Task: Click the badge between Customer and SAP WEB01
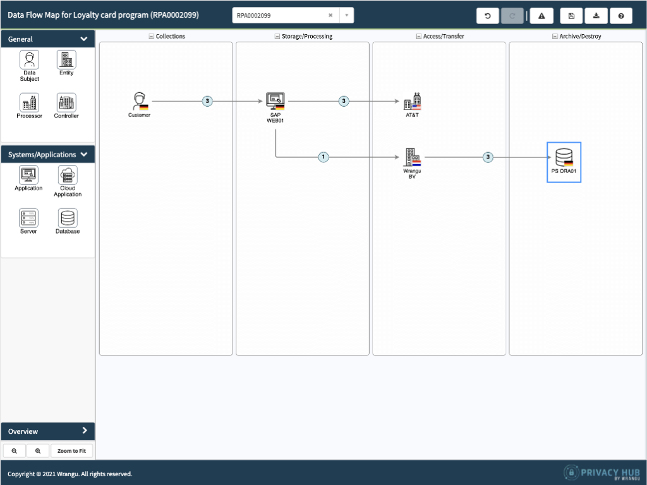pos(207,101)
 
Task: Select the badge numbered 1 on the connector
pos(323,157)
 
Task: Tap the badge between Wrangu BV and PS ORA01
pos(488,157)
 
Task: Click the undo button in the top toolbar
pos(488,16)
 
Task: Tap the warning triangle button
pos(541,16)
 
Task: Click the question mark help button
pos(621,16)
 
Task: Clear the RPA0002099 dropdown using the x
pos(330,15)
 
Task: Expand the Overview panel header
pos(48,431)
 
